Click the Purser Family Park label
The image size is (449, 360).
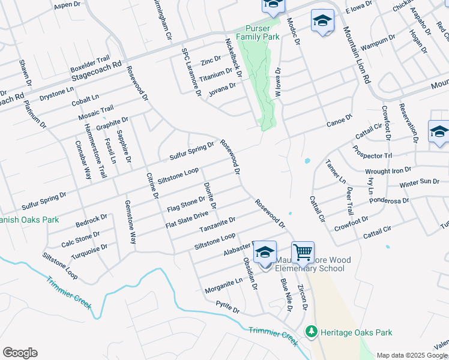[258, 32]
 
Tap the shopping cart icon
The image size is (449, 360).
[303, 252]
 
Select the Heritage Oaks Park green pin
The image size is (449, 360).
[311, 332]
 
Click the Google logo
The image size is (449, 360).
[20, 353]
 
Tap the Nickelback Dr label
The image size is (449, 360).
[233, 58]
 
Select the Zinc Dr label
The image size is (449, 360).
[211, 61]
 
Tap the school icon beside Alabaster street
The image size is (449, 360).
[265, 253]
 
